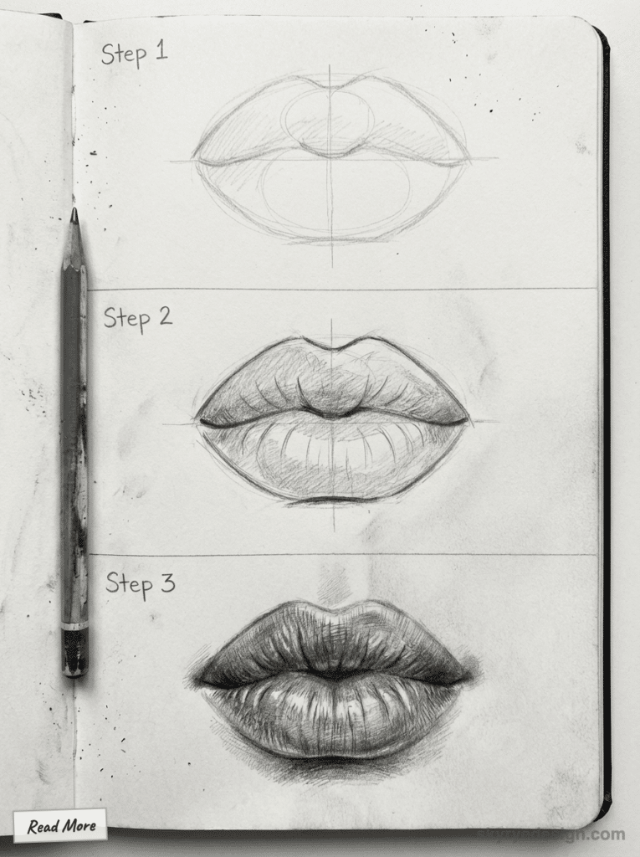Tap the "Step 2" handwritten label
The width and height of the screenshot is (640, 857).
coord(138,317)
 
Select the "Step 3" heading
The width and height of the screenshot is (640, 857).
coord(140,583)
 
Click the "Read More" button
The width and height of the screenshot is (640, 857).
coord(60,826)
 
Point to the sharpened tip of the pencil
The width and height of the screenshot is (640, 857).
coord(74,214)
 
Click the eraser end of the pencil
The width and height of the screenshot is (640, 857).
coord(74,654)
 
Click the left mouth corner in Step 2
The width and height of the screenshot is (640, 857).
coord(199,418)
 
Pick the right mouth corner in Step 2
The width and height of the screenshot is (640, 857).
coord(467,421)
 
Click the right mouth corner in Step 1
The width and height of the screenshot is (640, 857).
coord(466,160)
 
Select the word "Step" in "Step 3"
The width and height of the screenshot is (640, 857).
coord(127,585)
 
